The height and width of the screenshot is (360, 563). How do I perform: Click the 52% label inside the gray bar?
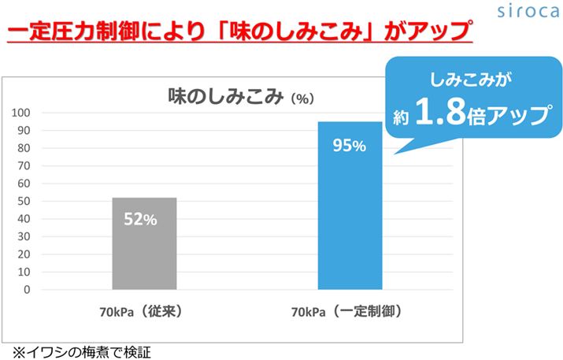pyautogui.click(x=140, y=220)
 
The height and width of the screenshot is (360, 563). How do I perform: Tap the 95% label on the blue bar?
pyautogui.click(x=348, y=146)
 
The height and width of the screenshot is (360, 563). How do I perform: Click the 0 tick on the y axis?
pyautogui.click(x=29, y=290)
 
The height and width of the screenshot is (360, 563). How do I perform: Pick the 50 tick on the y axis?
pyautogui.click(x=27, y=201)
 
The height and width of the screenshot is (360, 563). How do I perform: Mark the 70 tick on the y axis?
pyautogui.click(x=27, y=165)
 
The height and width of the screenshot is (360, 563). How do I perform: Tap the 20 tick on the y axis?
pyautogui.click(x=27, y=254)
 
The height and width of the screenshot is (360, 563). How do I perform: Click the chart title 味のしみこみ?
pyautogui.click(x=224, y=96)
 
